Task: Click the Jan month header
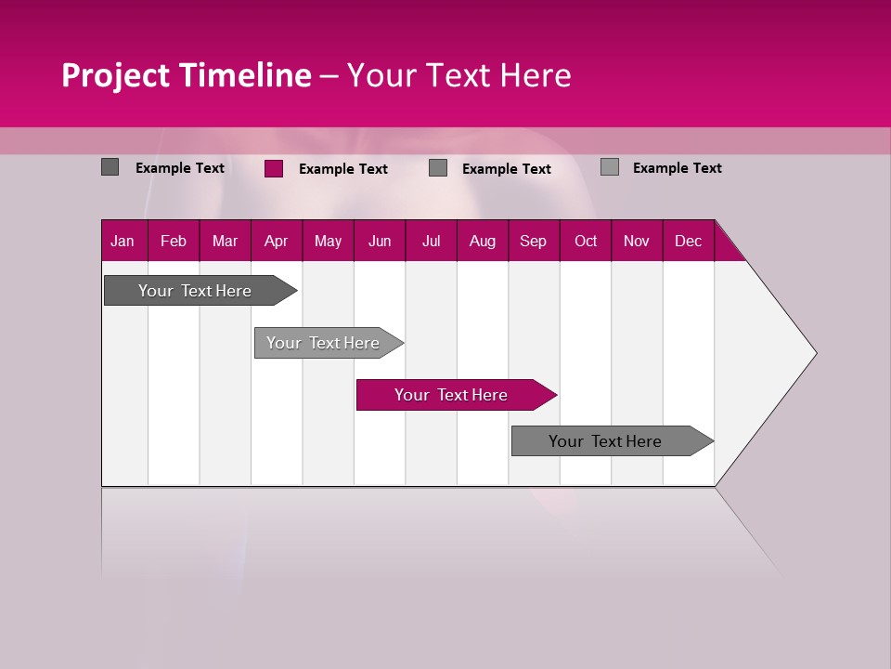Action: [x=123, y=241]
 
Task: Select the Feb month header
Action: [x=174, y=241]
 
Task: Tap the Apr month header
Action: [x=276, y=241]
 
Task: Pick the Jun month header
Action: [x=380, y=241]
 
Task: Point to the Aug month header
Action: [x=483, y=241]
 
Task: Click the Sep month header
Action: [x=533, y=241]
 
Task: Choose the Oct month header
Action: [x=586, y=241]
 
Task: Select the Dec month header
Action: [x=688, y=241]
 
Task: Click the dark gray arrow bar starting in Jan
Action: [x=195, y=291]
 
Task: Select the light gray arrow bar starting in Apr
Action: [x=323, y=343]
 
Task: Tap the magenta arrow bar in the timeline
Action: [x=451, y=395]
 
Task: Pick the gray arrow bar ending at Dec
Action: [x=605, y=441]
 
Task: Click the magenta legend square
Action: [x=274, y=168]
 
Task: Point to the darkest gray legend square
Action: [x=110, y=167]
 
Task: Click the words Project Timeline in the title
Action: [x=186, y=75]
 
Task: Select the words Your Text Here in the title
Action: [x=458, y=75]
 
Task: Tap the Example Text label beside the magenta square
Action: [x=343, y=169]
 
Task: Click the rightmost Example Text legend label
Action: [x=678, y=168]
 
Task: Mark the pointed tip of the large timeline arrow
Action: [x=814, y=353]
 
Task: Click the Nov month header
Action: [x=637, y=241]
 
